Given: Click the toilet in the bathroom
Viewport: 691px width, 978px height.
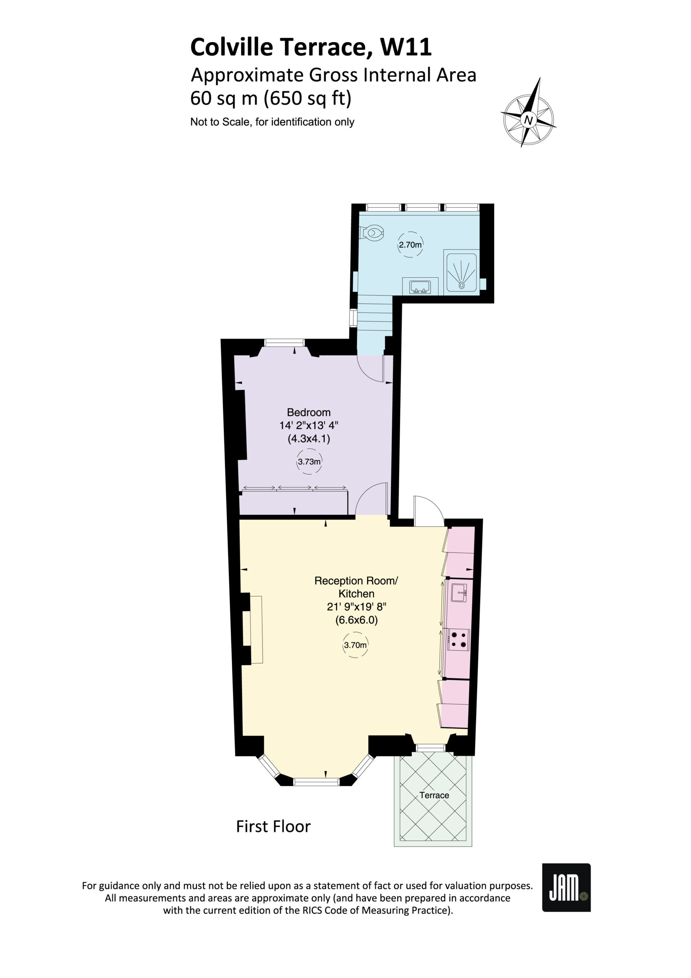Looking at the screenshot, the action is pos(372,233).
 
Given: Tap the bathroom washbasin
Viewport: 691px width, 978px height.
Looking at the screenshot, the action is pos(420,287).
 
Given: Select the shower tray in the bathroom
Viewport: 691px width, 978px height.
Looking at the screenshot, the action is pos(461,272).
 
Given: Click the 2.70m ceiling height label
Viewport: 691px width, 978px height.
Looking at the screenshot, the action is pos(410,245).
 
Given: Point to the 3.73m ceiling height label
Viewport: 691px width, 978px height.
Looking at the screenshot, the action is pos(309,462).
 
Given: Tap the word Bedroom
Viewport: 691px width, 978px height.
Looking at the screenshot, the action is pos(309,412).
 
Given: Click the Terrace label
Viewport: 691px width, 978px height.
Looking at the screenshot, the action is pos(434,795).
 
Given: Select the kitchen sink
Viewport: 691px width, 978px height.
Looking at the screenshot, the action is pos(459,593).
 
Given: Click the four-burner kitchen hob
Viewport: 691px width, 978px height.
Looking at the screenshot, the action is pos(458,640).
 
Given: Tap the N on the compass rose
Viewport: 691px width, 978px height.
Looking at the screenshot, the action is pos(528,120).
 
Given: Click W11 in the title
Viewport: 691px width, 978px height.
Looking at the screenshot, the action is pos(406,47).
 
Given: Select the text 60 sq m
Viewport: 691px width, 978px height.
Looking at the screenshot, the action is pos(224,99).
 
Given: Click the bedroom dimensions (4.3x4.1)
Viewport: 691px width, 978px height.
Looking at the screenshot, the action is pos(309,439).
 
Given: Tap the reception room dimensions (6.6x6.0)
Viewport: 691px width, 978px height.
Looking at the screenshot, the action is pos(356,620).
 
